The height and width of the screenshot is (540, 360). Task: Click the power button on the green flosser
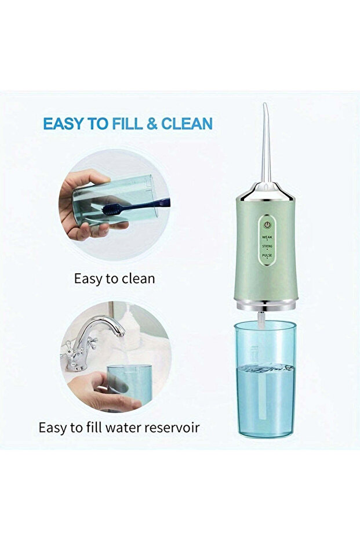click(267, 225)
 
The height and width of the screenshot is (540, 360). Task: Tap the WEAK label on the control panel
click(267, 237)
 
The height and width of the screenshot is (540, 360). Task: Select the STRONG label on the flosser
click(267, 247)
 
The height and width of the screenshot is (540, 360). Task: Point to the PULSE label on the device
click(267, 255)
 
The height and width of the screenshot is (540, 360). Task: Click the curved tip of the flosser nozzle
click(265, 105)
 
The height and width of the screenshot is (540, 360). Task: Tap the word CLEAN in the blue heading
click(187, 124)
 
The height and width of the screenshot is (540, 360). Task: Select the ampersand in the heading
click(152, 124)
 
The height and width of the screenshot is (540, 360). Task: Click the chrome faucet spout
click(103, 326)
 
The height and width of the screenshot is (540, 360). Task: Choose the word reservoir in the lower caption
click(172, 427)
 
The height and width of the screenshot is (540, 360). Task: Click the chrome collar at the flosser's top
click(266, 192)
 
